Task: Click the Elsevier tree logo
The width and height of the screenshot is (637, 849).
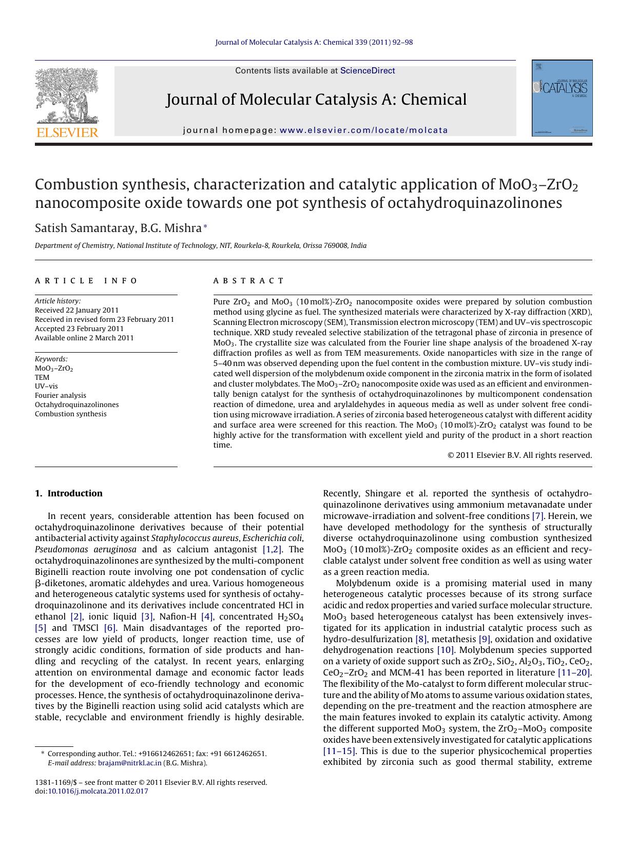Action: [67, 95]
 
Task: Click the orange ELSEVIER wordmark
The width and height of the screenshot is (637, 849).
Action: [67, 133]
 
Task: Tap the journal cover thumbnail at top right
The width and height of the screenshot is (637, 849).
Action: [562, 98]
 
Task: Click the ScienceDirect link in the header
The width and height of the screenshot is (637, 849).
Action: [368, 71]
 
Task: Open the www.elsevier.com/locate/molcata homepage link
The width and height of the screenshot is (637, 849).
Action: [364, 130]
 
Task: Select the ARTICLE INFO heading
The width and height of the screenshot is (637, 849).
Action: [86, 281]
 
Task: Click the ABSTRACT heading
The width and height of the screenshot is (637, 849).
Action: [248, 281]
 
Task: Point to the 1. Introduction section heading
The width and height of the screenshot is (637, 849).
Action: [69, 493]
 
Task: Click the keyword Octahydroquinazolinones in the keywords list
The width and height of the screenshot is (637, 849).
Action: [76, 404]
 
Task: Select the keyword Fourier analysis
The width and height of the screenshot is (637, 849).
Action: [61, 395]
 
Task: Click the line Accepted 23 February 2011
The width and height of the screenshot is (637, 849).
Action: [79, 329]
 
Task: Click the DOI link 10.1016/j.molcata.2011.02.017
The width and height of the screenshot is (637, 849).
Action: [98, 791]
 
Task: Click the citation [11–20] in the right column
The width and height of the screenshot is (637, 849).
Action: [574, 672]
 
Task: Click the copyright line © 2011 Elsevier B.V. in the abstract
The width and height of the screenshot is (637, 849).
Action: [519, 455]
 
